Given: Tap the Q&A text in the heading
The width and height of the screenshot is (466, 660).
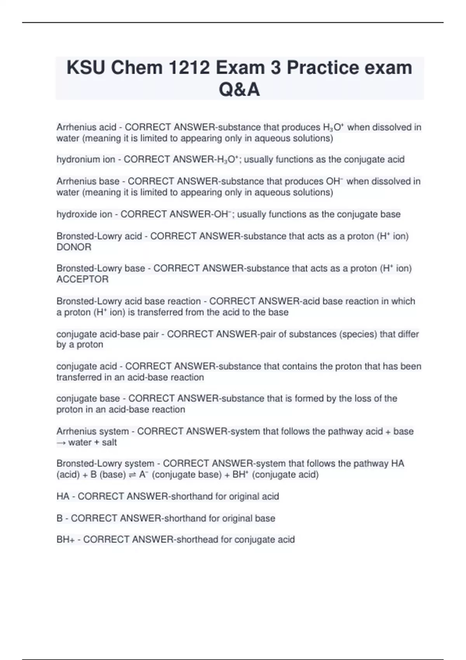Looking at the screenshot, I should [239, 90].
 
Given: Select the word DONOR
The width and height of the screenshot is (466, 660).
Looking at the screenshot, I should [74, 247].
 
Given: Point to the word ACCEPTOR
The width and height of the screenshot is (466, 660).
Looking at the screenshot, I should [82, 279].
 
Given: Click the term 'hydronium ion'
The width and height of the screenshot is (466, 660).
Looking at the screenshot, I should [85, 160].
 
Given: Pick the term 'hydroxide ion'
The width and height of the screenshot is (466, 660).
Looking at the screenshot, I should [84, 214].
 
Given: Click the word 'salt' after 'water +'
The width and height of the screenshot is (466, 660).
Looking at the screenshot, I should [109, 442].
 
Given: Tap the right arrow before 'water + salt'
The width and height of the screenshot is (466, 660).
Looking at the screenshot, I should [61, 443].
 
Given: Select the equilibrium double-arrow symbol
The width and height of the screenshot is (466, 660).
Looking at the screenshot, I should [132, 475].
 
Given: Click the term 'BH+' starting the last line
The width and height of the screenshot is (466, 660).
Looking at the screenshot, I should [65, 540].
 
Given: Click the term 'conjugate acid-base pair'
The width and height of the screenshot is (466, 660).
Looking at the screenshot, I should [107, 334].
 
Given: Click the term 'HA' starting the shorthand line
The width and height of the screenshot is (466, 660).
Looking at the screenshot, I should [63, 496].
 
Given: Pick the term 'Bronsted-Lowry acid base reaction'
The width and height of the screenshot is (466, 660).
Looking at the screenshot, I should [129, 301].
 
